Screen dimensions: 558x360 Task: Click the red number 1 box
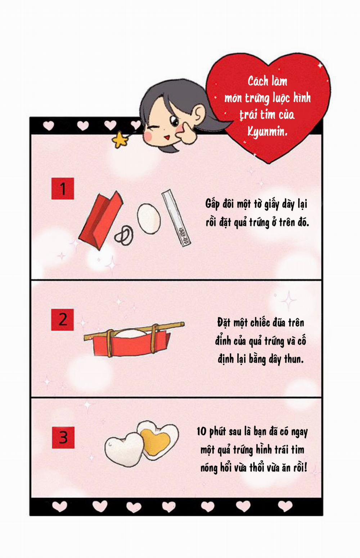63,188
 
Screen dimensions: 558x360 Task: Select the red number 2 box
63,319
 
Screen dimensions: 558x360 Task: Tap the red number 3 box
63,437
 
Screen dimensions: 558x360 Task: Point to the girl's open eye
175,122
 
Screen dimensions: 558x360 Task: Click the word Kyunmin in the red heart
267,132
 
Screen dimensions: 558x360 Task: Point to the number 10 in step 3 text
201,431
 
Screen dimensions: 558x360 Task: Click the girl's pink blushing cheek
148,136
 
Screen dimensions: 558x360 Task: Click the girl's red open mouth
166,137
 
